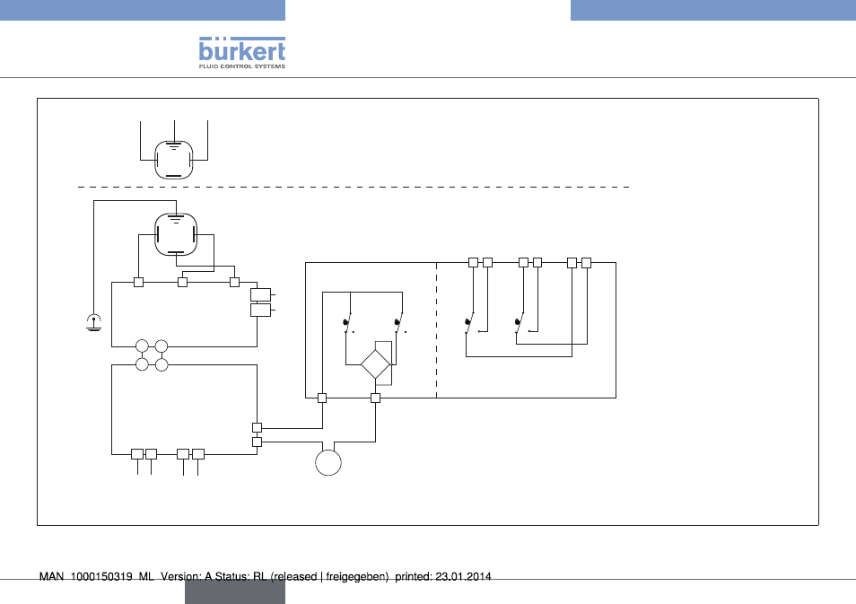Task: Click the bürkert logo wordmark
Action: tap(242, 49)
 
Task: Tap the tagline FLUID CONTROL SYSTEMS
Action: tap(242, 66)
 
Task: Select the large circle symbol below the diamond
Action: tap(328, 462)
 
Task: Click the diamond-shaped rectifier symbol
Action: tap(376, 364)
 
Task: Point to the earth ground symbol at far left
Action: tap(94, 323)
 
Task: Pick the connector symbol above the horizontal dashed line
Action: tap(173, 160)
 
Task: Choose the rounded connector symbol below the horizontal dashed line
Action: tap(176, 234)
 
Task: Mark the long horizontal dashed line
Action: tap(354, 187)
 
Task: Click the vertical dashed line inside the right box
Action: tap(437, 330)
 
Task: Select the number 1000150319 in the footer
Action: tap(101, 577)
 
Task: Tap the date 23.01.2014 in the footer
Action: tap(464, 577)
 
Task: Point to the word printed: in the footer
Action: tap(414, 577)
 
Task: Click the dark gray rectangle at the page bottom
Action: tap(235, 592)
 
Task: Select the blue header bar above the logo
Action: tap(143, 10)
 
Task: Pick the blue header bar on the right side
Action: tap(713, 10)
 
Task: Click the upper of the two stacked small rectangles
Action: tap(260, 295)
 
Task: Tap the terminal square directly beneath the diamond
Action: tap(376, 398)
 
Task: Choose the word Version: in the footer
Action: tap(180, 577)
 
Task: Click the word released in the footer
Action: tap(295, 577)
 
